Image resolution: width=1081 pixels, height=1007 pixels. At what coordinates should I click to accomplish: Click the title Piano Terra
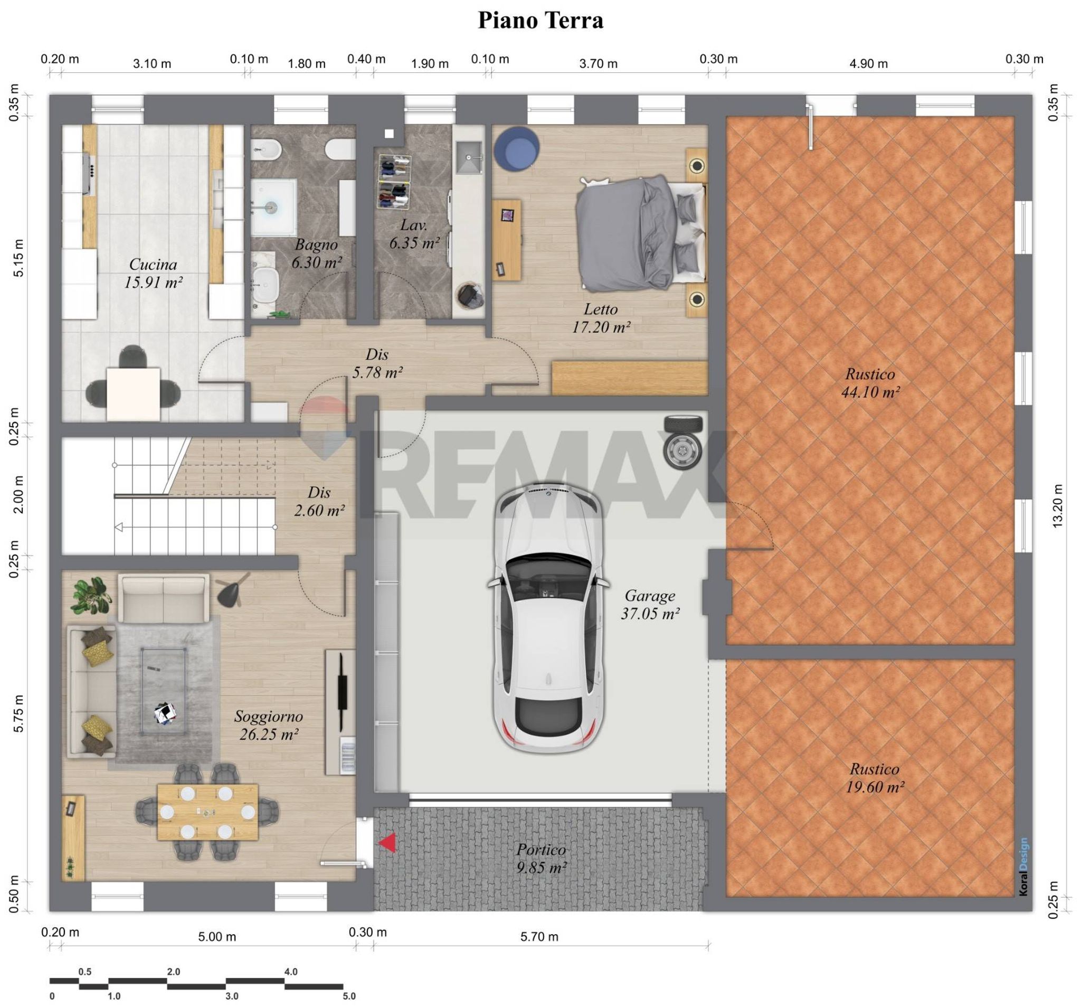pos(540,21)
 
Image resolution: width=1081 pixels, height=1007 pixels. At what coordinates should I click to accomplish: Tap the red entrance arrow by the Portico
pos(388,843)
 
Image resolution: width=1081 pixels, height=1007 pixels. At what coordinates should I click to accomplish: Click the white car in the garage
pos(548,618)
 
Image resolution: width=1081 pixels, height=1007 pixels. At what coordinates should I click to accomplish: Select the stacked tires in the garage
pos(683,441)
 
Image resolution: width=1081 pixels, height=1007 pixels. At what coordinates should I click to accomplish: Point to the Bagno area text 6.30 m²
pos(317,262)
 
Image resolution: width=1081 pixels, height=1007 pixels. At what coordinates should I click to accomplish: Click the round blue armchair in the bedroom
pos(517,148)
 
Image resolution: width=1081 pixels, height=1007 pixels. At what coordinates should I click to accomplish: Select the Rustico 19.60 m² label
pos(875,778)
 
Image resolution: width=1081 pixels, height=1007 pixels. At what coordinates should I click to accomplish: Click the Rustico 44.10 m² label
pos(870,383)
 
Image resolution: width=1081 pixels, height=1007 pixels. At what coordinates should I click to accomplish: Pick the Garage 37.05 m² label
pos(650,605)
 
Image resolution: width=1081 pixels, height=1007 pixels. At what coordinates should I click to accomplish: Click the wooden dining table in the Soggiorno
pos(208,812)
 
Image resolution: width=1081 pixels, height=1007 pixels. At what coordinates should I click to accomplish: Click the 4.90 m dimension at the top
pos(868,64)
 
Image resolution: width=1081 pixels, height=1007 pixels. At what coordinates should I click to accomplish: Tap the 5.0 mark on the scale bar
pos(349,996)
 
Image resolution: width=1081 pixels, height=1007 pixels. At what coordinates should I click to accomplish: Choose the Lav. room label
pos(414,224)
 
